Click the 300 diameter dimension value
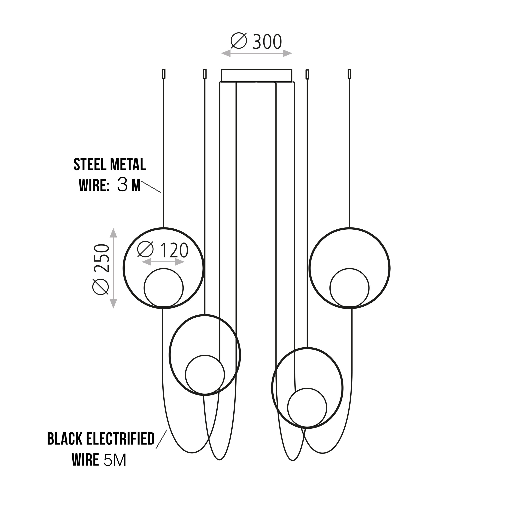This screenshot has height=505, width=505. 267,42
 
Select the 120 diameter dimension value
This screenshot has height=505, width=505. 174,250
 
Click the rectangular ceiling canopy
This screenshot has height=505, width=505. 256,75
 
